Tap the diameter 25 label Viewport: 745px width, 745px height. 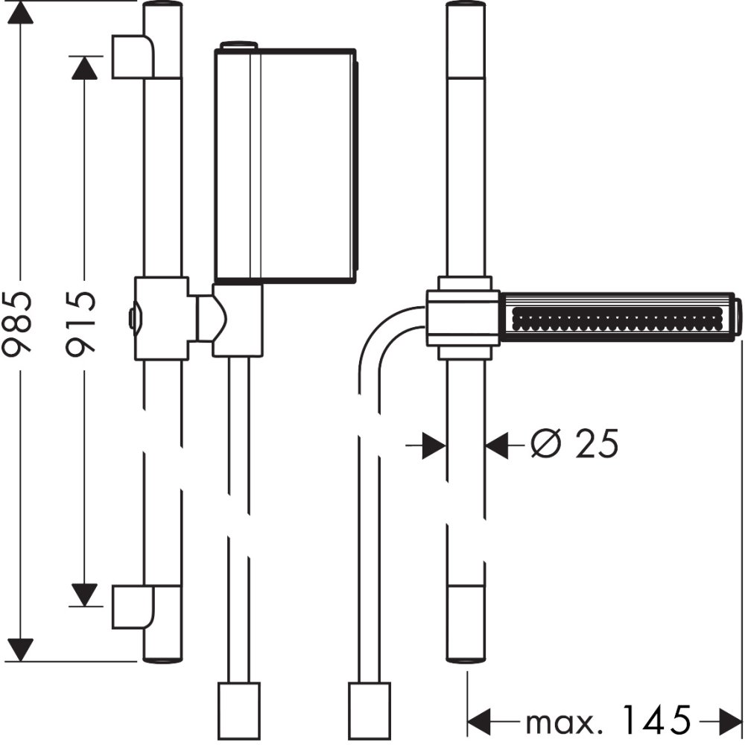[574, 445]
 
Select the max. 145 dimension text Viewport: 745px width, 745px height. [606, 720]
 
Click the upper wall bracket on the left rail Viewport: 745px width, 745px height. [133, 56]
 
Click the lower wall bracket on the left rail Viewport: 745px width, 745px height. [133, 606]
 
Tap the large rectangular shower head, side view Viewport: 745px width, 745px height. [285, 165]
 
